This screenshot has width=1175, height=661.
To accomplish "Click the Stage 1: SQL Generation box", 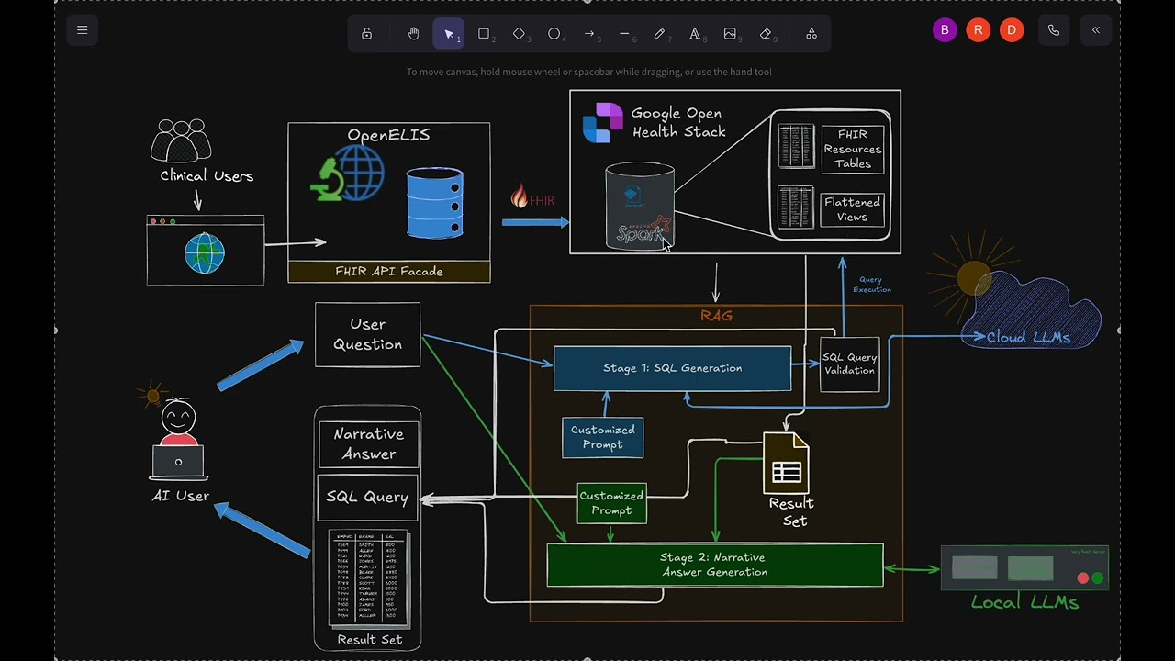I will coord(672,368).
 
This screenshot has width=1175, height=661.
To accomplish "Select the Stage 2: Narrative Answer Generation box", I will coord(714,565).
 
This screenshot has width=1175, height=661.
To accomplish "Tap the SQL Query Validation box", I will coord(849,364).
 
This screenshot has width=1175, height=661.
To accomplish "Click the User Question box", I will coord(367,334).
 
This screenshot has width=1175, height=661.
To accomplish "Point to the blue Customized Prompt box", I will coord(602,437).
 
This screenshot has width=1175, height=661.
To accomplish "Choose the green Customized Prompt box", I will coord(611,503).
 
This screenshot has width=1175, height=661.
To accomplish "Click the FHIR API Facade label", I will coord(388,272).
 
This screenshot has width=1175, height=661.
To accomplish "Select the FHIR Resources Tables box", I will coord(852,149).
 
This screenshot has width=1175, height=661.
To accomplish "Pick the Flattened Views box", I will coord(852,209).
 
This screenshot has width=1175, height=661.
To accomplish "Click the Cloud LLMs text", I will coord(1028,338).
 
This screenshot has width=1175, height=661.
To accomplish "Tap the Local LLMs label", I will coord(1024,602).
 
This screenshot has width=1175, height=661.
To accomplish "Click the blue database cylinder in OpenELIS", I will coord(434,203).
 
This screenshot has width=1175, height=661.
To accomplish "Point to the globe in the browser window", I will coord(204,252).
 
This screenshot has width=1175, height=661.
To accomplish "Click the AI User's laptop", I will coord(178,462).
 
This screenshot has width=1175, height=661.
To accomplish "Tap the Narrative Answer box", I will coord(367,444).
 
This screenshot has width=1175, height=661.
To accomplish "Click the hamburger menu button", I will coord(83,30).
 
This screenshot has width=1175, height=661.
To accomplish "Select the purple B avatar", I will coord(945,30).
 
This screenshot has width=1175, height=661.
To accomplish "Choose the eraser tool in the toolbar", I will coord(766,34).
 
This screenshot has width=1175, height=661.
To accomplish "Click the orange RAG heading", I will coord(716,316).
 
